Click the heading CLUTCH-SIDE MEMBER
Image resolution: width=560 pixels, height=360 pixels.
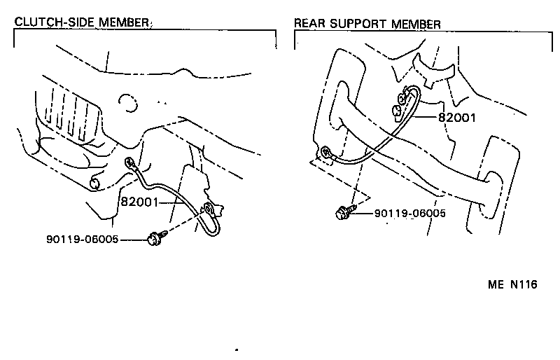(x=83, y=22)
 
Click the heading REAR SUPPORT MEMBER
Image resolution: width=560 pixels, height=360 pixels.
(x=367, y=24)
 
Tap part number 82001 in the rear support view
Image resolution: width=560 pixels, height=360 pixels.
(x=456, y=118)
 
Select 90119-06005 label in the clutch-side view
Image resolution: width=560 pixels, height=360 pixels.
(x=81, y=240)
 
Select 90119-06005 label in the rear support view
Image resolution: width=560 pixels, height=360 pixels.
(x=409, y=213)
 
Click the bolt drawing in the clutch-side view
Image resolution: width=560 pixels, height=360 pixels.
(x=153, y=240)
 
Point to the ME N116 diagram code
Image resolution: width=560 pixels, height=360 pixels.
(x=512, y=286)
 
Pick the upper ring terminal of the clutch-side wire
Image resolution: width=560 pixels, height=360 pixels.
(x=129, y=164)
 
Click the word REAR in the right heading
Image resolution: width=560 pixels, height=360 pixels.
(x=309, y=24)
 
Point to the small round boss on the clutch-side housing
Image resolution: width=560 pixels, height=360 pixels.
(x=96, y=184)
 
